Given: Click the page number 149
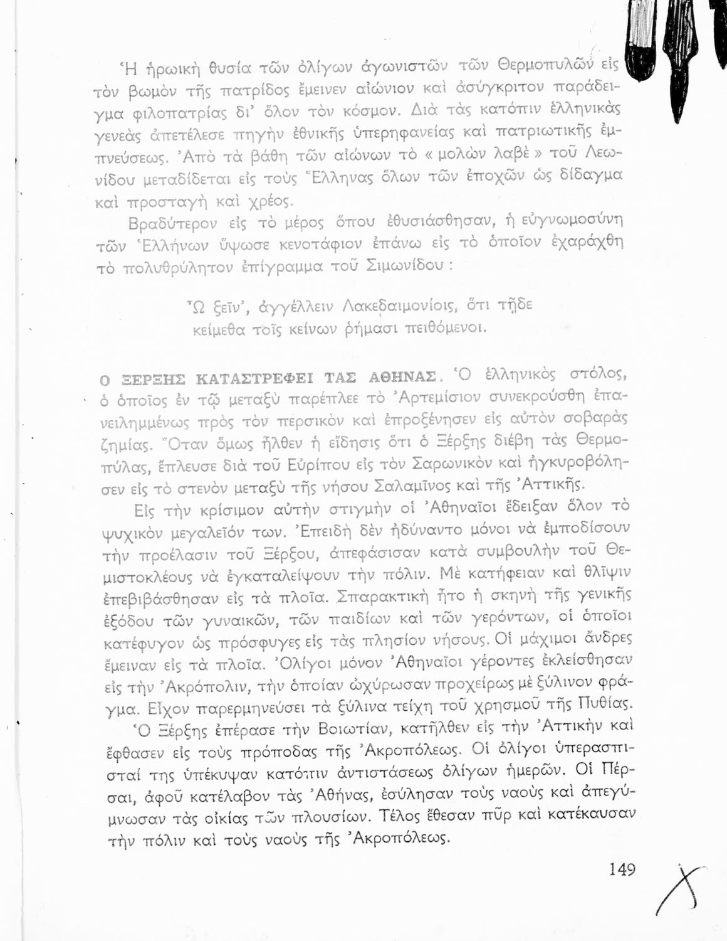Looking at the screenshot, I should click(622, 869).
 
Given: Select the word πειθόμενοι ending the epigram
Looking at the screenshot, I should click(446, 328).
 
